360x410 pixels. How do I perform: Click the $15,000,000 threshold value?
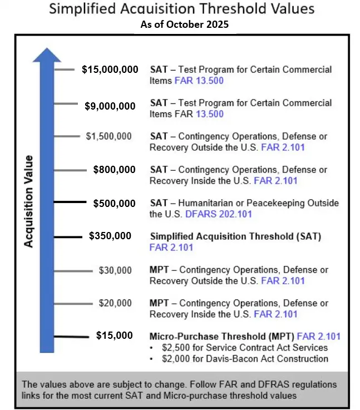click(110, 70)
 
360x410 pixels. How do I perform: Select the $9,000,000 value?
click(110, 106)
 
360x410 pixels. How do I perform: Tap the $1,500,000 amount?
click(109, 136)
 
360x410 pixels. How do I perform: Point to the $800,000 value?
click(114, 170)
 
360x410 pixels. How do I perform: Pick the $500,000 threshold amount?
click(114, 203)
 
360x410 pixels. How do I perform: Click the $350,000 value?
click(110, 236)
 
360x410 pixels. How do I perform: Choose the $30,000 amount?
click(115, 271)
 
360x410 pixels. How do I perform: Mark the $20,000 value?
click(115, 303)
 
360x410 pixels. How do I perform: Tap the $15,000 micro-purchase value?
click(114, 335)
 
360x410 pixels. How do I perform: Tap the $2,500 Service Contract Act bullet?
click(245, 348)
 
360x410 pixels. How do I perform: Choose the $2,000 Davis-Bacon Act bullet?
click(245, 359)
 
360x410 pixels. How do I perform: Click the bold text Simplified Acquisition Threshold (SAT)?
click(235, 236)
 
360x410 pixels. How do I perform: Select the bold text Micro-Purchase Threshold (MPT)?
click(222, 336)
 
